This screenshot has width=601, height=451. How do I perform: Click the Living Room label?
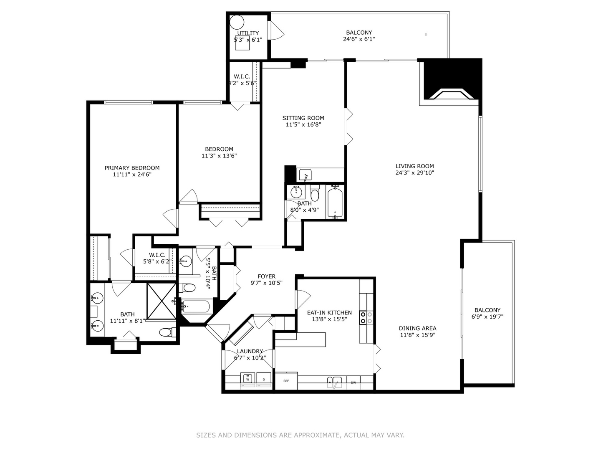(x=414, y=166)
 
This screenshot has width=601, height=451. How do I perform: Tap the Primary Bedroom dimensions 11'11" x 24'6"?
(x=132, y=175)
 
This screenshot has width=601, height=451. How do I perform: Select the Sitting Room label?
(x=303, y=118)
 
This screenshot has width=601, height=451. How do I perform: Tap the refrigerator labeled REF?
(x=286, y=381)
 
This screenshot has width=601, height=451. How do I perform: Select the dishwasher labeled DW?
(x=354, y=383)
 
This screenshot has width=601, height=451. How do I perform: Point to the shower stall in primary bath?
(x=162, y=301)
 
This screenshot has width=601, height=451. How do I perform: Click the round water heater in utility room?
(x=237, y=22)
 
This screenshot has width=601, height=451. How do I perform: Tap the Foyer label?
(x=266, y=276)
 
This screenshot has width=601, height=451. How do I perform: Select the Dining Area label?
(x=417, y=328)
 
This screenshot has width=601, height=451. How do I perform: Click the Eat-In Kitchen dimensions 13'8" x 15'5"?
(x=329, y=319)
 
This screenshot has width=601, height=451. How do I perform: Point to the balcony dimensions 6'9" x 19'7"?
(x=487, y=317)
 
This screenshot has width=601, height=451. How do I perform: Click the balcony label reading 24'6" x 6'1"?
(x=359, y=39)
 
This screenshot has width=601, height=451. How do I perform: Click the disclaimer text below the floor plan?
(x=300, y=435)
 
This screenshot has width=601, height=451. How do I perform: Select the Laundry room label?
(x=250, y=351)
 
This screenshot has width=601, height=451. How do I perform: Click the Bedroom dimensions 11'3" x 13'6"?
(x=219, y=156)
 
